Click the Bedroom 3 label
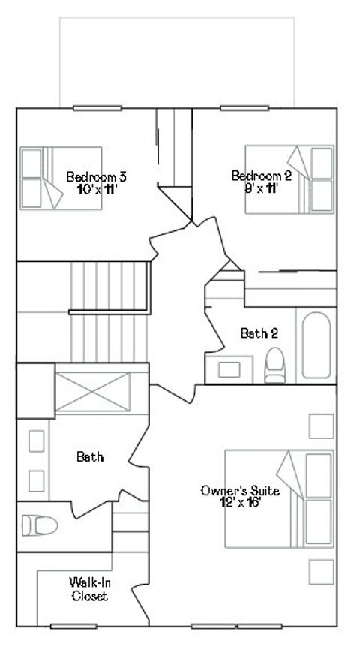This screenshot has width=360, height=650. (x=96, y=176)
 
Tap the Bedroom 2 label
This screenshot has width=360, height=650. (x=262, y=176)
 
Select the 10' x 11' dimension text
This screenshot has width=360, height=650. (x=96, y=190)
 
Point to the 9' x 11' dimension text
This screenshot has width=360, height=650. (x=261, y=189)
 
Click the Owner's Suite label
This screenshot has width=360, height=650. (x=240, y=491)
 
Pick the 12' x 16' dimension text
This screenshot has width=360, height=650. (x=240, y=503)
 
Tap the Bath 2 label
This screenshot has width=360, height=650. (x=259, y=333)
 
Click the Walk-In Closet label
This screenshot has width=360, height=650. (x=90, y=589)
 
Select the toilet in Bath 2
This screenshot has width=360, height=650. (x=275, y=366)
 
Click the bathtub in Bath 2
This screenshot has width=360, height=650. (x=316, y=345)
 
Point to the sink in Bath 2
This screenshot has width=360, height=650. (x=229, y=370)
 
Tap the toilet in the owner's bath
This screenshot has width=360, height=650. (x=39, y=525)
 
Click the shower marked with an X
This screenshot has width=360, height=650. (x=93, y=392)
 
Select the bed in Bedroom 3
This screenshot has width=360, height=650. (x=61, y=178)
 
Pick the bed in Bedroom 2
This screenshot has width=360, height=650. (x=289, y=179)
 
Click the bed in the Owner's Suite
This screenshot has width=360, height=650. (x=279, y=498)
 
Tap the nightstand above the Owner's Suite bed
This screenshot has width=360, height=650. (x=321, y=426)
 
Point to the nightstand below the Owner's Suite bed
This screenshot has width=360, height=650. (x=321, y=572)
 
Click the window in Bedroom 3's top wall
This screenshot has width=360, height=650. (x=97, y=108)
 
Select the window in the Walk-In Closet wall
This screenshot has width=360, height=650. (x=73, y=626)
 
